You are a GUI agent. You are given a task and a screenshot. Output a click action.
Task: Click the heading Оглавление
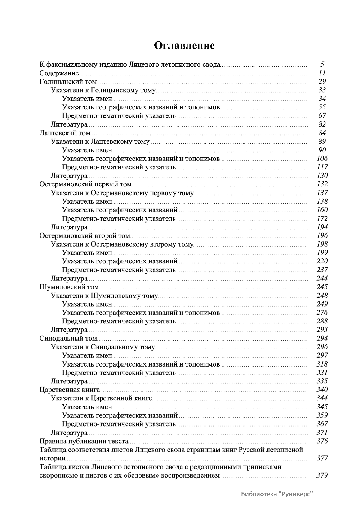(184, 46)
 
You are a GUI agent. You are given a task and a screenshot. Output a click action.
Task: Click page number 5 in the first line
(322, 64)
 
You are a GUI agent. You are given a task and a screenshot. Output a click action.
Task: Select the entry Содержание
(59, 73)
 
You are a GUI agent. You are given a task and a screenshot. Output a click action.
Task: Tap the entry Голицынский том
(68, 82)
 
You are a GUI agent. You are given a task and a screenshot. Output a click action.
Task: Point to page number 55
(322, 107)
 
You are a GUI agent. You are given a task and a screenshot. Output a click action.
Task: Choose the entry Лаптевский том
(65, 133)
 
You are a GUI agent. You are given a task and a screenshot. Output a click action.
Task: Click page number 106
(322, 158)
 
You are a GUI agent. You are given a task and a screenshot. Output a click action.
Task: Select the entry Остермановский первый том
(85, 184)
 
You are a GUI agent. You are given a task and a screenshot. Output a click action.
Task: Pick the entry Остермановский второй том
(85, 235)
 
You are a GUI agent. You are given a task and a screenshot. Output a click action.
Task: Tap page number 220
(322, 261)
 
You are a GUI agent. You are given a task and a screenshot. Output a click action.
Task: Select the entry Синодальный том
(68, 338)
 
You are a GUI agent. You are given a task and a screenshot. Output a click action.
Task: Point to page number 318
(322, 364)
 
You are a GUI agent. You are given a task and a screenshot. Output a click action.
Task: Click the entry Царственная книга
(70, 390)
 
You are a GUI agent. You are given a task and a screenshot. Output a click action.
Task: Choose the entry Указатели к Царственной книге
(101, 398)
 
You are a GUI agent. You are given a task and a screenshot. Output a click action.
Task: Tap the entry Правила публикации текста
(84, 441)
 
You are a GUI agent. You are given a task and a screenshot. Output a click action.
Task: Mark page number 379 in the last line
(322, 475)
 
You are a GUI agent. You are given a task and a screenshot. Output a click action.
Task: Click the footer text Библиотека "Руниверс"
(277, 493)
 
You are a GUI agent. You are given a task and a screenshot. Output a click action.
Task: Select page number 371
(322, 433)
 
